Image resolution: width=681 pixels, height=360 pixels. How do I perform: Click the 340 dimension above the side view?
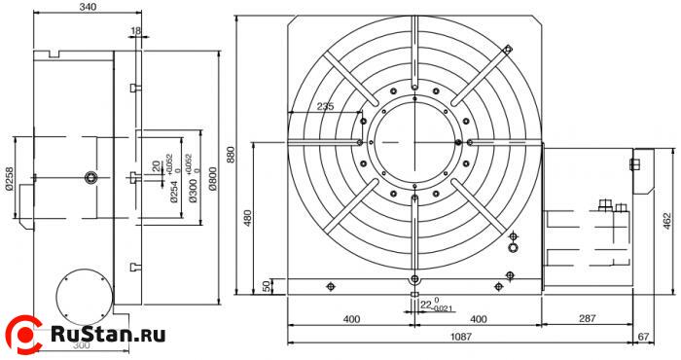click(88, 8)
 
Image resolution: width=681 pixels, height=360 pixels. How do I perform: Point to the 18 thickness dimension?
click(134, 32)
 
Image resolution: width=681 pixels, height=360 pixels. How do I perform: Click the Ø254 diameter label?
click(175, 191)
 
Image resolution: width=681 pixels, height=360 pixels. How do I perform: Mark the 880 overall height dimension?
click(232, 156)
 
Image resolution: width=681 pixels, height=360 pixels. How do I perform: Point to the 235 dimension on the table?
click(326, 107)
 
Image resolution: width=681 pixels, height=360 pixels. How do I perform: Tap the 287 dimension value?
click(587, 319)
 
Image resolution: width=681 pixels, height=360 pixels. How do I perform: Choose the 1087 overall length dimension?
click(461, 337)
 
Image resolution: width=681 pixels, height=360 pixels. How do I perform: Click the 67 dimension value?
click(643, 337)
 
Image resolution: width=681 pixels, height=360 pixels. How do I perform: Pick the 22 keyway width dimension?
click(424, 305)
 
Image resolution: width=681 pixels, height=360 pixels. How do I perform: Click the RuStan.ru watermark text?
click(107, 335)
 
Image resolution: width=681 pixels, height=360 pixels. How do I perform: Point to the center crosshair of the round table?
click(415, 142)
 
